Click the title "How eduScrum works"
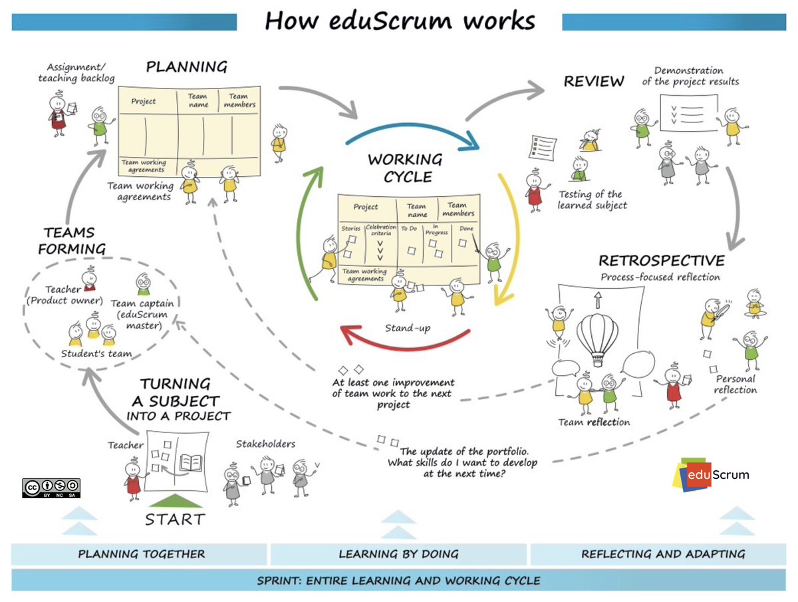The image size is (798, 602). click(399, 21)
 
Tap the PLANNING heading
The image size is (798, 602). click(186, 67)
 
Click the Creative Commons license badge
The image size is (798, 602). click(52, 488)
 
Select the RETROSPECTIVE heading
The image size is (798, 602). click(661, 260)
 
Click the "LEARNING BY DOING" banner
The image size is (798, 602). click(398, 553)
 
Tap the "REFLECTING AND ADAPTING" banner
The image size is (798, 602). click(663, 553)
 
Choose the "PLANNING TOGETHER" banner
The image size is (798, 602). click(141, 553)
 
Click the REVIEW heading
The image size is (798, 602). click(594, 81)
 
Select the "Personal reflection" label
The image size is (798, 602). click(735, 384)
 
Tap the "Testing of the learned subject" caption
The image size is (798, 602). click(592, 200)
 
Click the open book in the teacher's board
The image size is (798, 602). click(192, 460)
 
